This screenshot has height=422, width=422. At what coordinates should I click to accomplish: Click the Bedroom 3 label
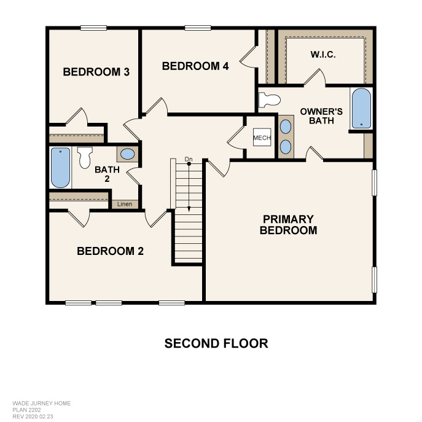click(96, 72)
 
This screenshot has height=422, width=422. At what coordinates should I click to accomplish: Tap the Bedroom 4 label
click(195, 66)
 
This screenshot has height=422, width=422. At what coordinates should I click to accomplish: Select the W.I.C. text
click(323, 55)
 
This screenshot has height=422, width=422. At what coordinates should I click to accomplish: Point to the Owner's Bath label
click(321, 116)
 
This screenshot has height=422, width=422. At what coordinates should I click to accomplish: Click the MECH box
click(262, 138)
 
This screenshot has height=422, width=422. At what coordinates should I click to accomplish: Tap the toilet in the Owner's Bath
click(270, 100)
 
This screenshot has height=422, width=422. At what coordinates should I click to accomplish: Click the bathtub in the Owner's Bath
click(361, 108)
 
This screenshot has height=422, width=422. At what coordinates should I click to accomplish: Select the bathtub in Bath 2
click(61, 168)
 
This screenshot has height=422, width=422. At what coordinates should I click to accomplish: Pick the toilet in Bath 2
click(85, 157)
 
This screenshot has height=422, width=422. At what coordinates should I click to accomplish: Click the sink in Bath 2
click(128, 154)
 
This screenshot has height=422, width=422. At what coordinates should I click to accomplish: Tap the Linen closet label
click(125, 204)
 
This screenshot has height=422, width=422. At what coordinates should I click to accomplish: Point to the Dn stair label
click(189, 159)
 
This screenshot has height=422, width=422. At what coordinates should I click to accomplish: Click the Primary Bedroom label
click(288, 225)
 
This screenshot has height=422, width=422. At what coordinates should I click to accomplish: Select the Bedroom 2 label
click(111, 251)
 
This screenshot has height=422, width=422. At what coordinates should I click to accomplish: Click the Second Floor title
click(216, 343)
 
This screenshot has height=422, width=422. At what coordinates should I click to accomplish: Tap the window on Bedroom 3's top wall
click(93, 28)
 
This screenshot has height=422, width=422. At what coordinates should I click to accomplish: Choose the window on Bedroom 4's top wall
click(198, 28)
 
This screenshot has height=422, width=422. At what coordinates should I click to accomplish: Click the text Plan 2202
click(26, 410)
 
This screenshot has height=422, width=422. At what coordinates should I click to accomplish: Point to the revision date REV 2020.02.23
click(33, 416)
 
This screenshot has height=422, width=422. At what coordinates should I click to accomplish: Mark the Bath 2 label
click(107, 174)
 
